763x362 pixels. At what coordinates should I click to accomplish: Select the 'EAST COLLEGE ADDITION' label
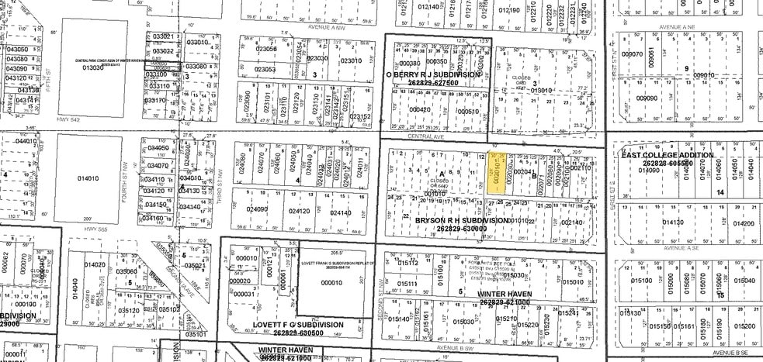657,155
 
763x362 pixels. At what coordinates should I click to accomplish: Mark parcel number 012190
509,9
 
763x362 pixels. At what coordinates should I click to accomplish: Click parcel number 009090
647,98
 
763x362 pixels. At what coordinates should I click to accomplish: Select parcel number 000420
421,110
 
